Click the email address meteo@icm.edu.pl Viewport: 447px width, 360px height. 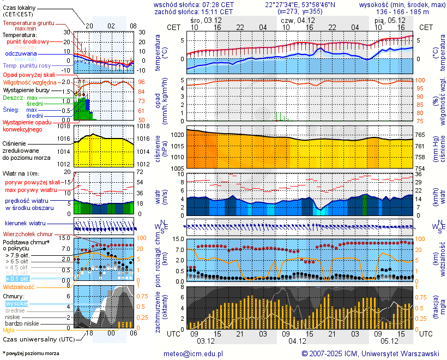point(194,354)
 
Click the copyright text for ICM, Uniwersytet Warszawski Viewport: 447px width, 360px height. point(371,354)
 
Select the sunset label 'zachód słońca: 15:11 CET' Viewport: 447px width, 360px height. point(194,11)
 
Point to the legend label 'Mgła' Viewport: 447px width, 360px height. point(9,330)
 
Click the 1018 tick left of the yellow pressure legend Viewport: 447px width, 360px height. point(64,126)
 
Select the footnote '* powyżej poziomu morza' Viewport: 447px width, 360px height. point(31,353)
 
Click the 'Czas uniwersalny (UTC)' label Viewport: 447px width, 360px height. point(39,339)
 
